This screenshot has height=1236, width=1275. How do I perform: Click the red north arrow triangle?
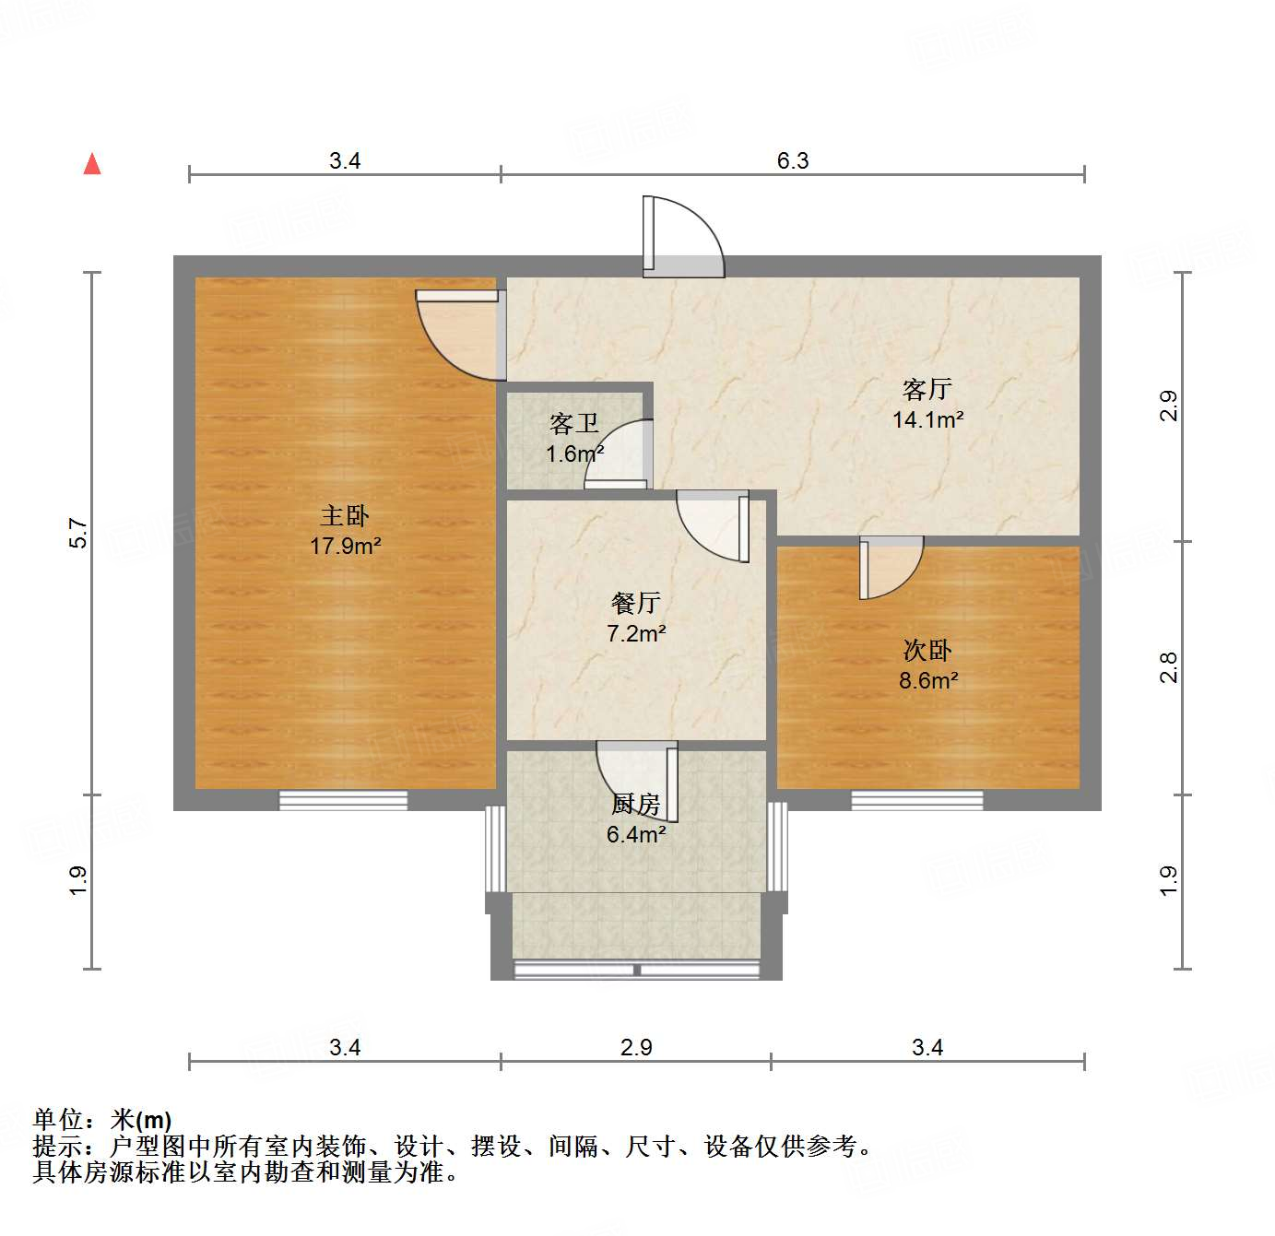(92, 164)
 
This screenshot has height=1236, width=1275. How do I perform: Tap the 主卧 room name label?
(345, 516)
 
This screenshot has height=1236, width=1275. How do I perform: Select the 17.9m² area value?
(345, 546)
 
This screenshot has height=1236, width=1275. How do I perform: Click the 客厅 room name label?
(927, 390)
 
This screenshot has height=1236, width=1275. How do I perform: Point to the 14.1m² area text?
(927, 420)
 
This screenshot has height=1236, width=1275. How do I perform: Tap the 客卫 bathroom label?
(573, 424)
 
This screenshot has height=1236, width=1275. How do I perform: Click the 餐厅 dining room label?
(635, 604)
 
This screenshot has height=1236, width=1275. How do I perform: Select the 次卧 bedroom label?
(927, 651)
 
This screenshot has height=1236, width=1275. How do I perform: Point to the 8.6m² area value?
(927, 681)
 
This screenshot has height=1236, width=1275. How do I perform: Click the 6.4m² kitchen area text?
(635, 835)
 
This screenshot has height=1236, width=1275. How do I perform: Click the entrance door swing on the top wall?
(683, 236)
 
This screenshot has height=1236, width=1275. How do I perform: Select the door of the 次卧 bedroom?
(891, 568)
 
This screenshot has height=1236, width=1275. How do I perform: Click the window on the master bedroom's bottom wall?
(343, 800)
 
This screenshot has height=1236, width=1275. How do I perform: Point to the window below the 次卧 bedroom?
(916, 800)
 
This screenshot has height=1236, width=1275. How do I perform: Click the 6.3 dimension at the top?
(792, 161)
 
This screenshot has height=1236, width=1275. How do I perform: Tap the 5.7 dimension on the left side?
(79, 534)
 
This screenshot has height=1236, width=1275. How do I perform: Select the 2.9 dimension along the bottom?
(636, 1048)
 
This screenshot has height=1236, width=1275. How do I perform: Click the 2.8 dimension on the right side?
(1169, 667)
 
